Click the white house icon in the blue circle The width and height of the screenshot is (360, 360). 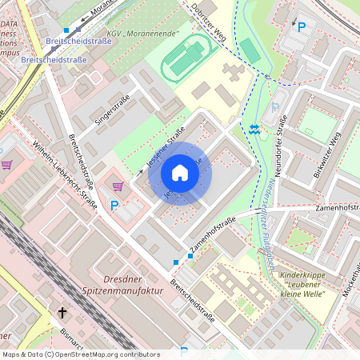point(180,173)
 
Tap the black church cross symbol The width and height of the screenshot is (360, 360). point(62,314)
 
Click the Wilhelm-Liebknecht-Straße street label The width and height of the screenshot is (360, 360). point(63,175)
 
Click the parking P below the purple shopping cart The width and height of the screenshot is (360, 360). point(114,206)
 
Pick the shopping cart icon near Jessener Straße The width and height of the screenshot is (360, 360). point(118,186)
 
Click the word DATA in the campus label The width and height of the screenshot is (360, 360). point(10,25)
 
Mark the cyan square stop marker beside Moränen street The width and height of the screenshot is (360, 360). point(66,30)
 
